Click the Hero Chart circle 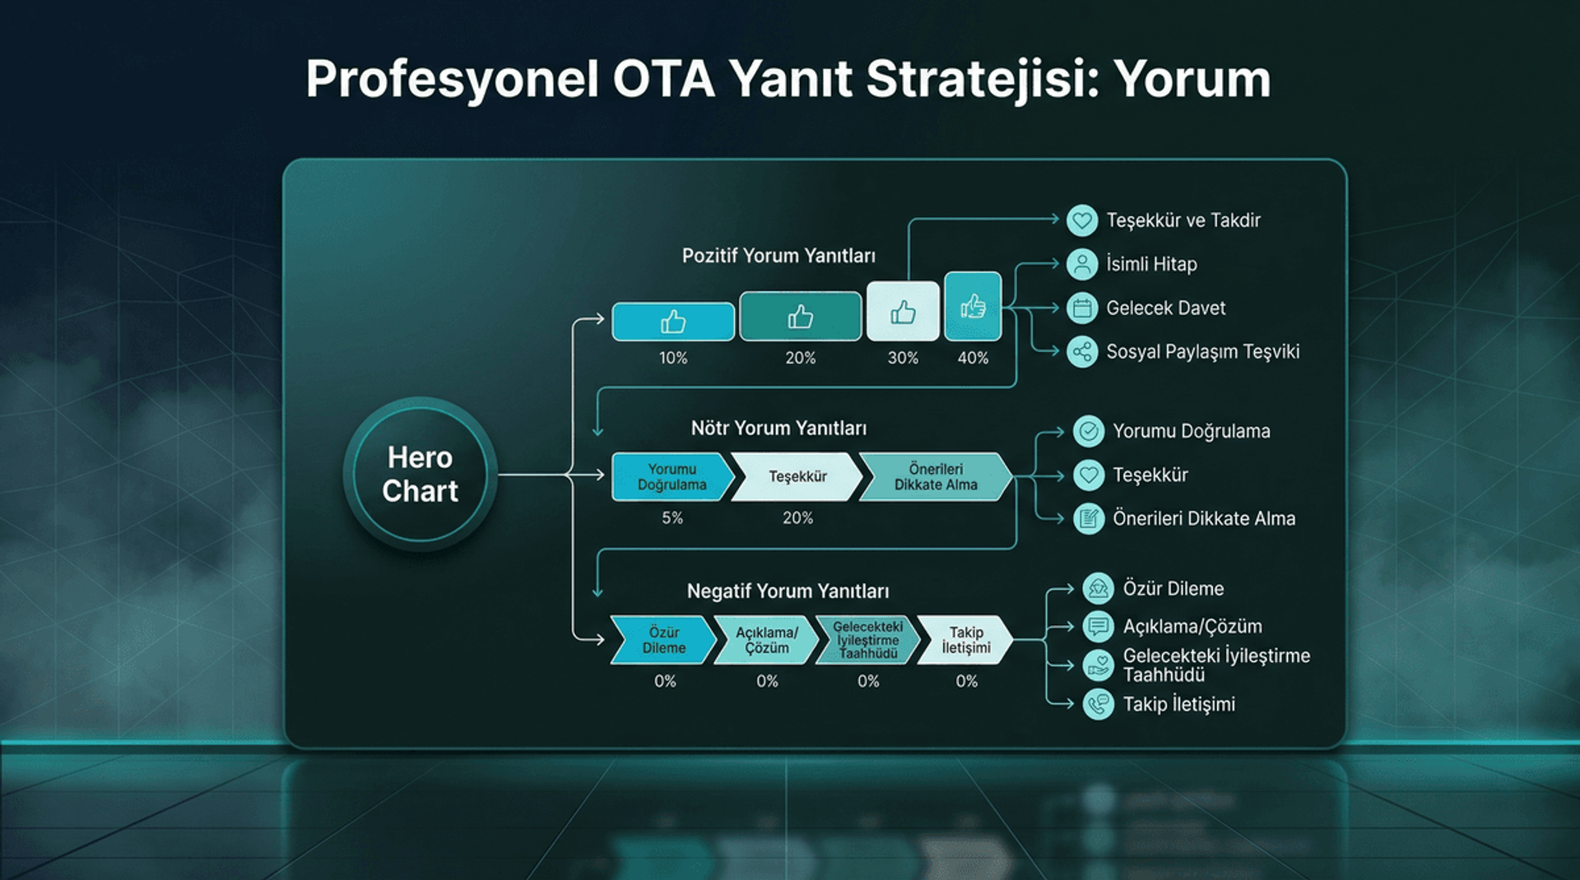click(420, 474)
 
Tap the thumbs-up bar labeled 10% click(673, 322)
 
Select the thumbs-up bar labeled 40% click(973, 307)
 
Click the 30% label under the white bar click(903, 358)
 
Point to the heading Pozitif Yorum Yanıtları click(778, 256)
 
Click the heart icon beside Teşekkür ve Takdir click(1082, 220)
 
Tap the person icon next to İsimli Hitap click(1082, 264)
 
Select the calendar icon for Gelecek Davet click(1082, 308)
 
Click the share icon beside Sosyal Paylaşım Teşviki click(1082, 352)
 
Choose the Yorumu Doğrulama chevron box click(670, 476)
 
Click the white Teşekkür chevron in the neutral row click(797, 476)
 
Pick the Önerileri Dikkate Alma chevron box click(935, 476)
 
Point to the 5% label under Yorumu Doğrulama click(672, 518)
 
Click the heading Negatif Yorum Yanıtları click(788, 591)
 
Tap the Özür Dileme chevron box click(663, 640)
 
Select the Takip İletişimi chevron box click(965, 640)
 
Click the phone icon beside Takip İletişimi click(1098, 705)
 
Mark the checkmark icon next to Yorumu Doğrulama click(1089, 431)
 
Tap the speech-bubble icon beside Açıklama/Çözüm click(1098, 627)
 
